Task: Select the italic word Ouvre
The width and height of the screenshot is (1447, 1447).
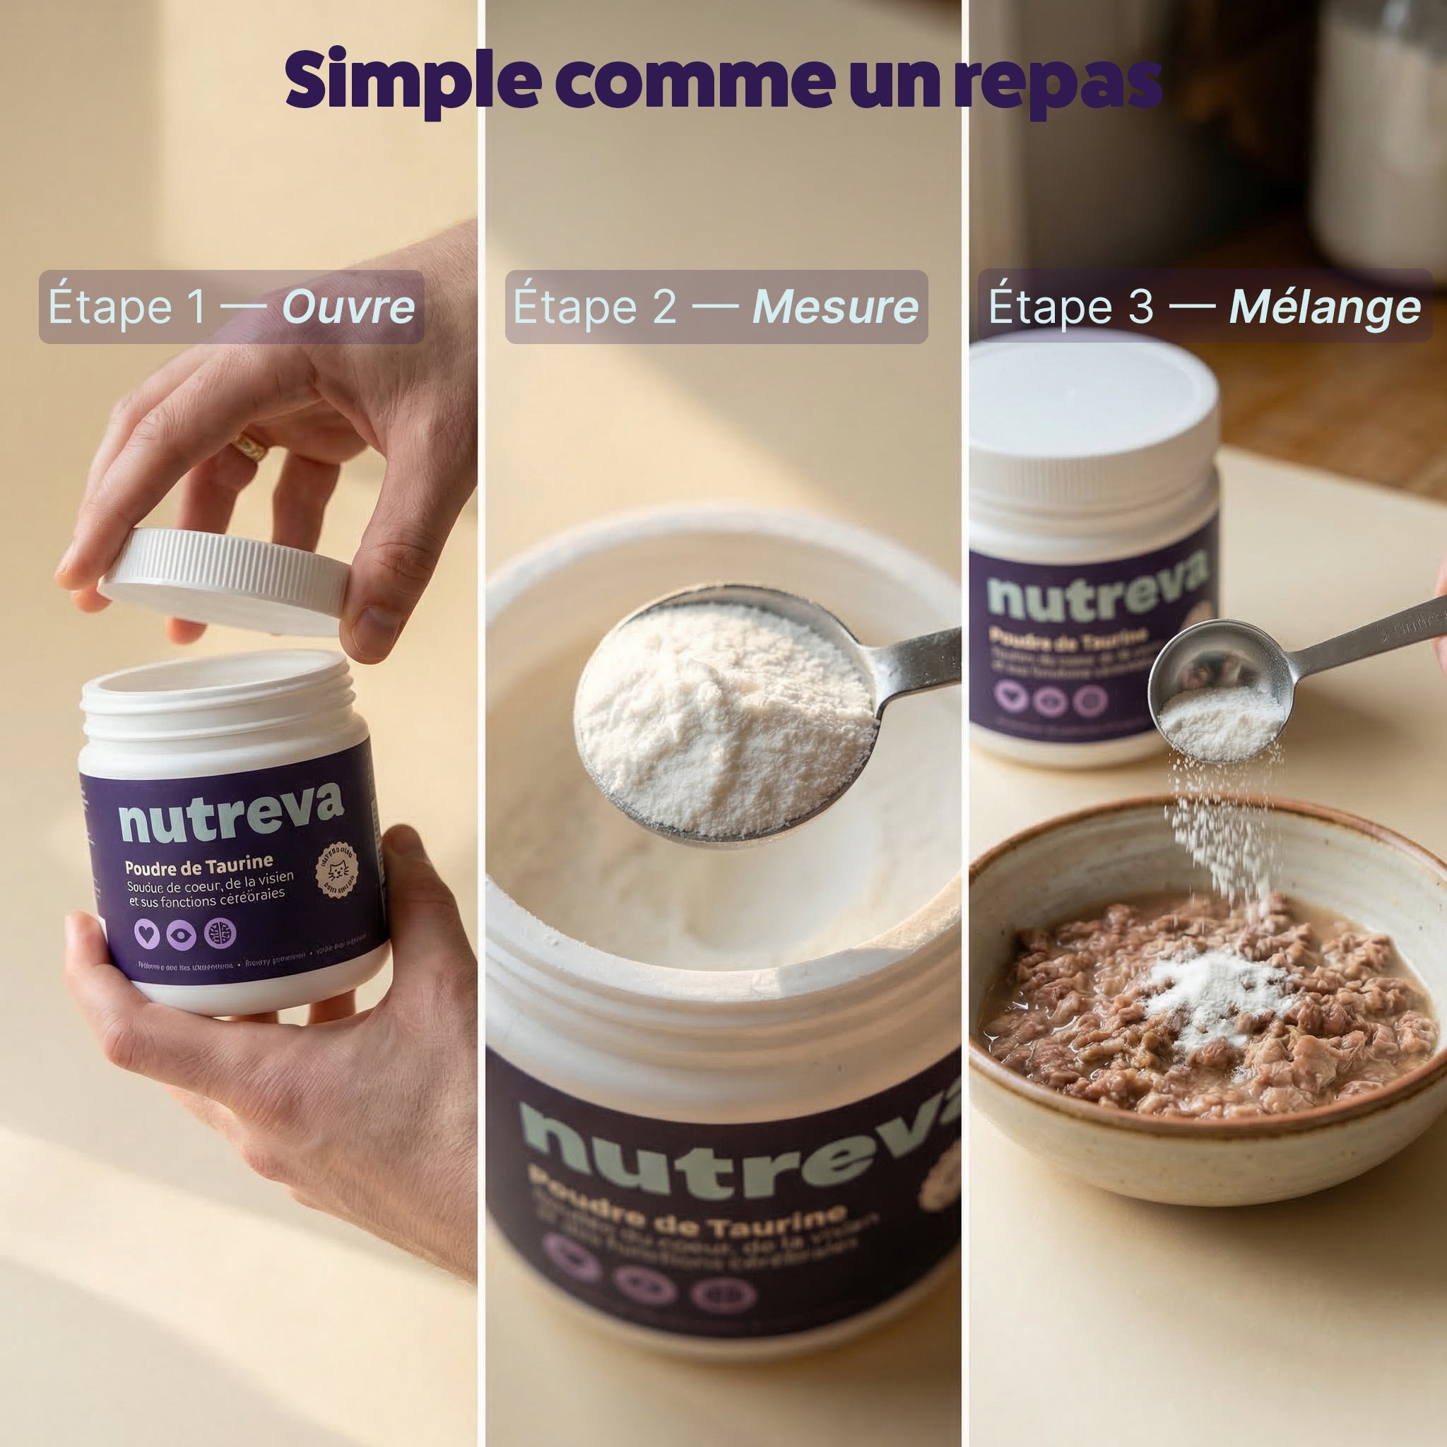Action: click(x=348, y=307)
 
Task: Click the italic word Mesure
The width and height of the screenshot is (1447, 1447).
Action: click(x=835, y=307)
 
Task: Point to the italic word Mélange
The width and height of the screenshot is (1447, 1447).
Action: click(x=1325, y=307)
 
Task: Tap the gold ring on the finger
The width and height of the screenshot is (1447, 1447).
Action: click(x=249, y=448)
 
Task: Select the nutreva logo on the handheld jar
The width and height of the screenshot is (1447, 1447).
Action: click(x=230, y=812)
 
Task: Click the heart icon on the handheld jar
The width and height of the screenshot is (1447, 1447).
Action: click(x=147, y=934)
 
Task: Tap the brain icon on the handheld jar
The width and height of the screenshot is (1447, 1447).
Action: click(x=220, y=933)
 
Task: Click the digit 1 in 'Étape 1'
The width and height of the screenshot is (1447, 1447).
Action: click(x=196, y=307)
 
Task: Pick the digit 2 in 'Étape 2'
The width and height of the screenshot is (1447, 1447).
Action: click(x=664, y=307)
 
